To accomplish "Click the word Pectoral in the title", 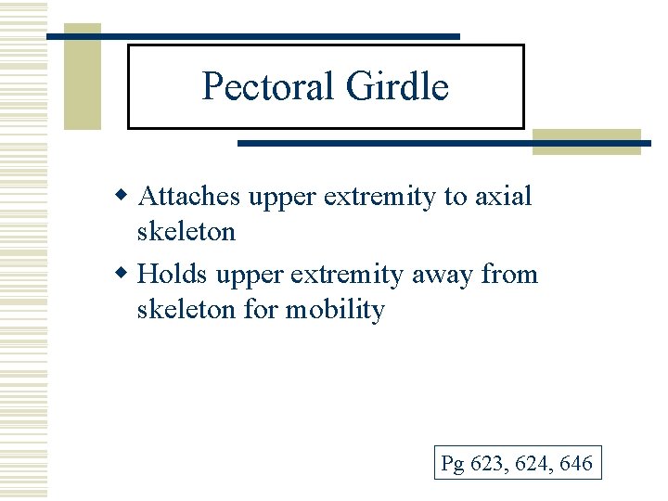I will (269, 87).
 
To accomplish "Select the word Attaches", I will (189, 197).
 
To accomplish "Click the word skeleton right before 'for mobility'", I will (186, 309).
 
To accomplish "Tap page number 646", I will (576, 463).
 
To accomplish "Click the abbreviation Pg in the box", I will (453, 463).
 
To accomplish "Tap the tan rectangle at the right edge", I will (586, 141).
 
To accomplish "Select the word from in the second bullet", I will (513, 276).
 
